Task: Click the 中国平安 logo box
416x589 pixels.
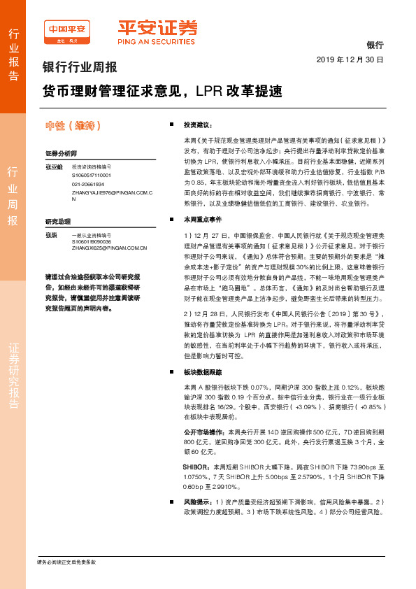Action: (x=67, y=32)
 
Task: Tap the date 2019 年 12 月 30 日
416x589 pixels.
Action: (x=350, y=60)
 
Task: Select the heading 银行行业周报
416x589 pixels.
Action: (x=80, y=69)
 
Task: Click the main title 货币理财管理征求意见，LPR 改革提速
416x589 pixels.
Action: (x=162, y=91)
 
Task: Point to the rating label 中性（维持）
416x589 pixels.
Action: (x=73, y=126)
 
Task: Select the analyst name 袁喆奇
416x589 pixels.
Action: (x=53, y=167)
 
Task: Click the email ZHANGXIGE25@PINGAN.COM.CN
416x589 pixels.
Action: (x=108, y=248)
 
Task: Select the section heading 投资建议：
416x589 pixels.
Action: (x=197, y=125)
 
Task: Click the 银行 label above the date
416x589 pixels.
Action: (x=375, y=44)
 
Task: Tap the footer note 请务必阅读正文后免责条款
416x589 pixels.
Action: (x=66, y=562)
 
